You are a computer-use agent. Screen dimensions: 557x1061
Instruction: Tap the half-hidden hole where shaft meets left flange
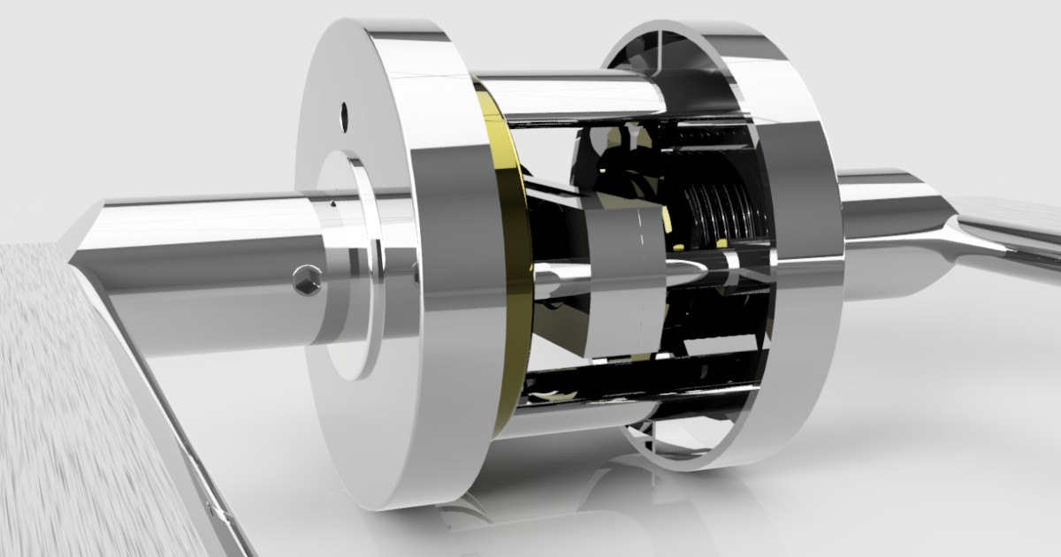coord(416,275)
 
